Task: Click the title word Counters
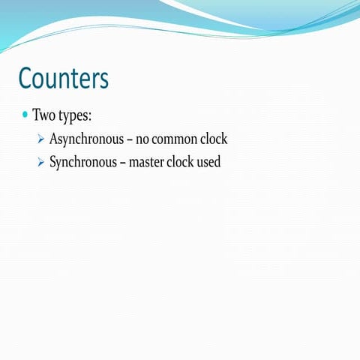point(64,78)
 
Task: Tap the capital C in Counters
point(26,78)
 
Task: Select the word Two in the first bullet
point(44,116)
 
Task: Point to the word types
point(74,118)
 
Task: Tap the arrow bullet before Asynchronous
point(41,139)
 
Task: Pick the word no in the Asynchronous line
point(142,139)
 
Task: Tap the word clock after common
point(213,139)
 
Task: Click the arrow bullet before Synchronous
point(41,162)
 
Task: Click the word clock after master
point(179,162)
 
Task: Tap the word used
point(209,162)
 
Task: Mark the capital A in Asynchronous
point(54,139)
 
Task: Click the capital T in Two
point(36,116)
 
